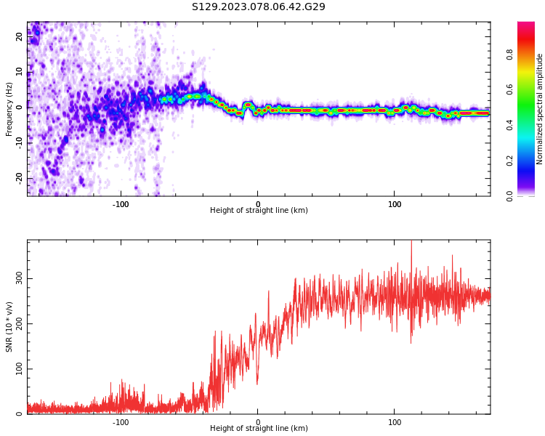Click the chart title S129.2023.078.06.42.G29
259,7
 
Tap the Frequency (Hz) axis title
9,109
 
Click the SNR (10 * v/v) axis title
9,327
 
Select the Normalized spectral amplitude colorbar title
540,109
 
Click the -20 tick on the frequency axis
20,177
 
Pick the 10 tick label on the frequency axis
20,71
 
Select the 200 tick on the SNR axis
20,324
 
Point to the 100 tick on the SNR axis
20,369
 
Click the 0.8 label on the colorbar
509,54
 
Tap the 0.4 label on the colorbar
509,125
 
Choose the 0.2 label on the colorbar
509,161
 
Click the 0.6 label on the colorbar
509,89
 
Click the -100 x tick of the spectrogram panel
121,204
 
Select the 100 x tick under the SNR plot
395,422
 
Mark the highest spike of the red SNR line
411,242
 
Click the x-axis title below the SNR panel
259,429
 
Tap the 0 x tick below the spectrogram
257,204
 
